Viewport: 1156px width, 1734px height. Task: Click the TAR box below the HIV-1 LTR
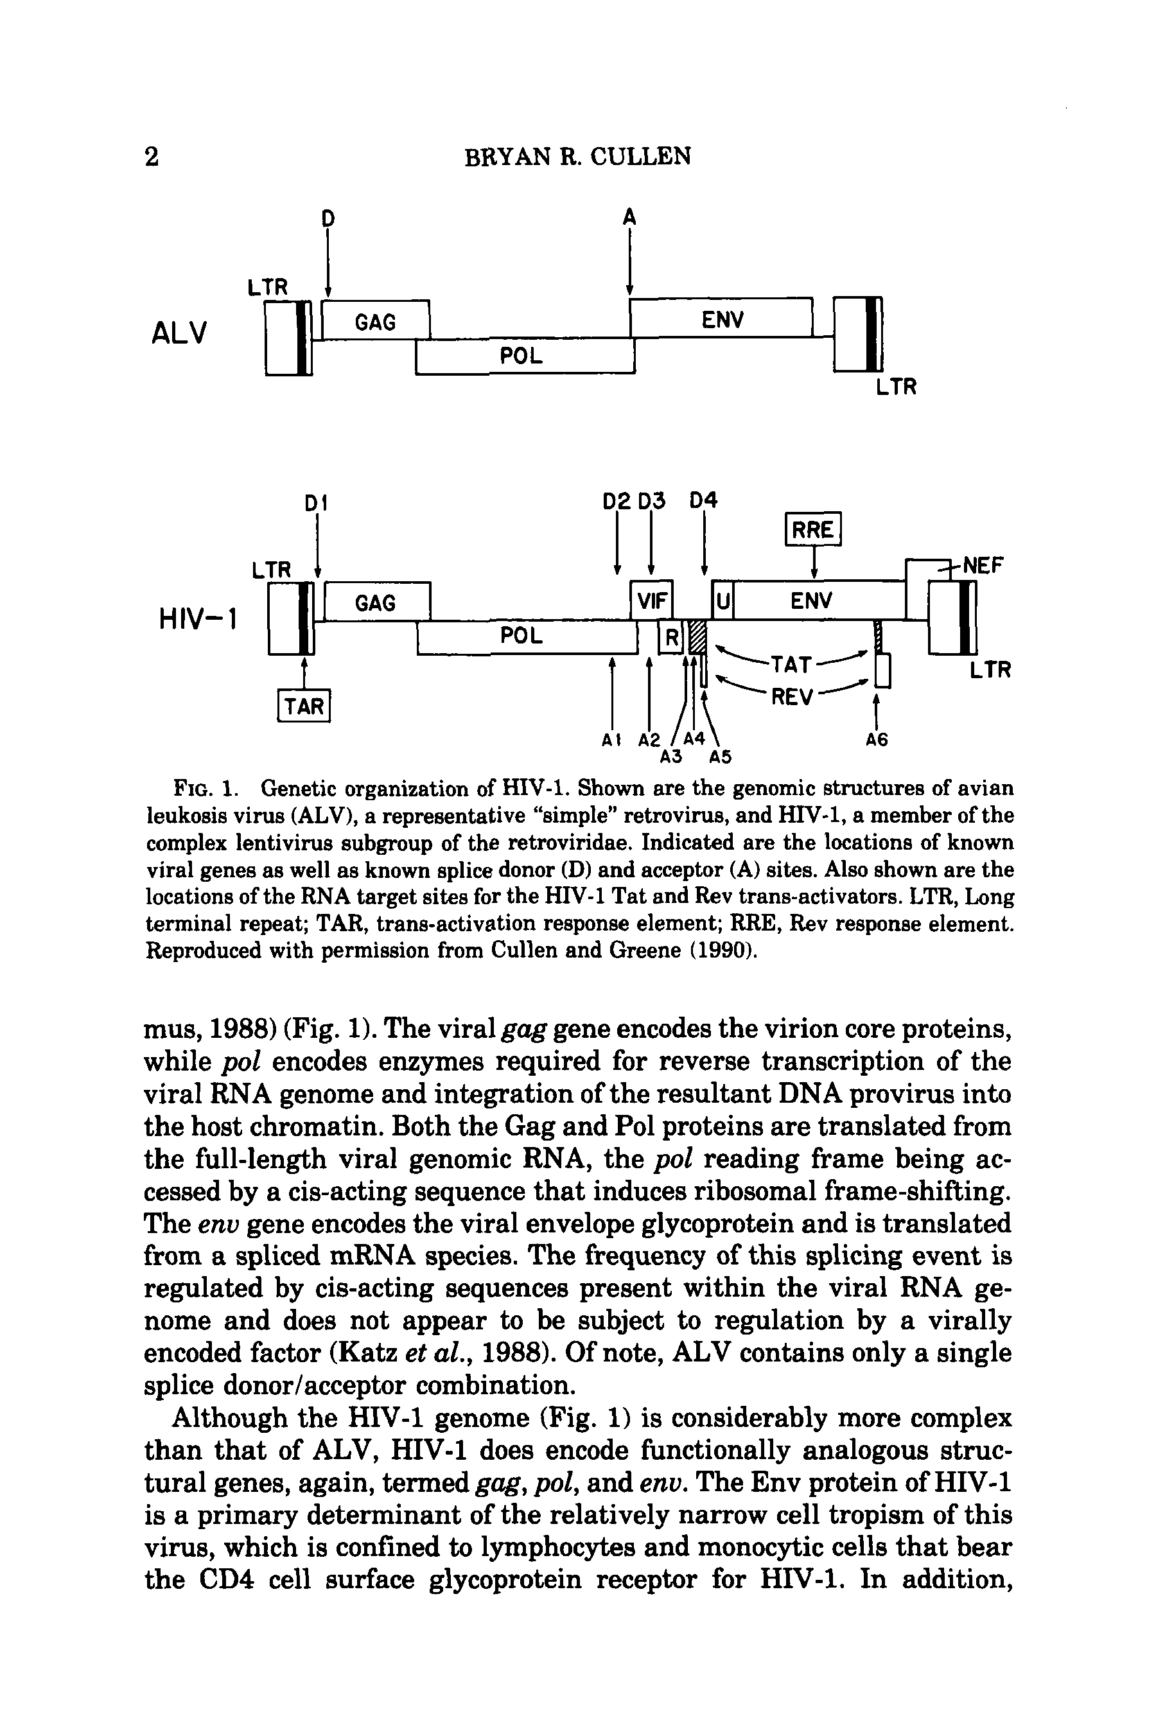point(304,706)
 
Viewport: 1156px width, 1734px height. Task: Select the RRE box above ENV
point(812,529)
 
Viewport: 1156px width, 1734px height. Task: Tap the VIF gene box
point(652,601)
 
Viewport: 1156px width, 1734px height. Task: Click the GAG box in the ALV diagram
point(375,322)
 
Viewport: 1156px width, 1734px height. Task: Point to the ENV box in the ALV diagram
point(722,319)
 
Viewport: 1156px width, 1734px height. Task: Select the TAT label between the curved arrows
point(791,664)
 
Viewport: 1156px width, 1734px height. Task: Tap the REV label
point(791,697)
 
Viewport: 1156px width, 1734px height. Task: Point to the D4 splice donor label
point(704,502)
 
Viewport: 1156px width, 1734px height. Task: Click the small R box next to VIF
point(670,638)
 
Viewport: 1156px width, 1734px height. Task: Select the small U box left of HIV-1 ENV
point(722,602)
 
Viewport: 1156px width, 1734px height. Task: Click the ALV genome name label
point(179,333)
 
